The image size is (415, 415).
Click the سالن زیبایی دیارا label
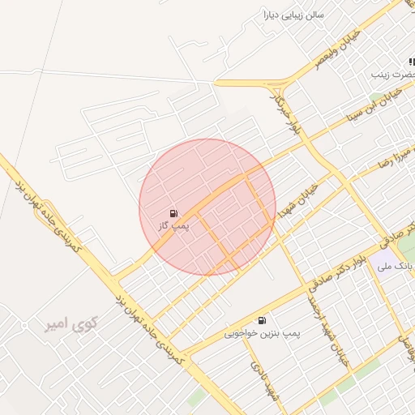pyautogui.click(x=291, y=15)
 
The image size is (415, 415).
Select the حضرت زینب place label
pyautogui.click(x=393, y=74)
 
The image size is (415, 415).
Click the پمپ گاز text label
pyautogui.click(x=173, y=225)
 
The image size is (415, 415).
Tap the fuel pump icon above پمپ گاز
pyautogui.click(x=173, y=212)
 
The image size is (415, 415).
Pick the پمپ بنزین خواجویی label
pyautogui.click(x=253, y=333)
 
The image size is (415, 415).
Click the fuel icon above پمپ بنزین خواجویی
pyautogui.click(x=262, y=320)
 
